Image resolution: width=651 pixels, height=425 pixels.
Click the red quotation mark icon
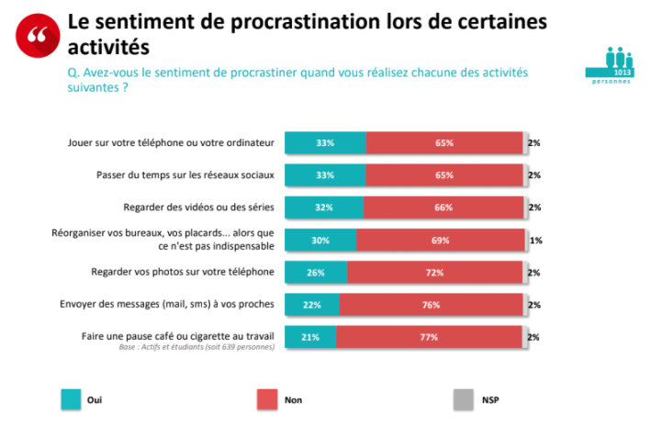point(36,34)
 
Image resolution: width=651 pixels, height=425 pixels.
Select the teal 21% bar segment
point(310,338)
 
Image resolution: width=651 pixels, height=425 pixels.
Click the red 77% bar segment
point(429,338)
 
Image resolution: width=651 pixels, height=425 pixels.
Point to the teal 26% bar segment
point(316,273)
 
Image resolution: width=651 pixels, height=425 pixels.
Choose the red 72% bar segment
point(434,273)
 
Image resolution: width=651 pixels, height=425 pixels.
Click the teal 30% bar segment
point(320,240)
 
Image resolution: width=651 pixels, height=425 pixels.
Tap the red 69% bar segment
point(440,240)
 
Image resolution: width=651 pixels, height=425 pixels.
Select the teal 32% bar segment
point(323,207)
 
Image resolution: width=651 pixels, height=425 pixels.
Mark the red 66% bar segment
point(443,207)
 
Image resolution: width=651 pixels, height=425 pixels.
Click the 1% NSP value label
point(535,240)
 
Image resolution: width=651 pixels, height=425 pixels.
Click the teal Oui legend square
point(71,399)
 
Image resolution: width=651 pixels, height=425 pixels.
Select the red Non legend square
point(267,399)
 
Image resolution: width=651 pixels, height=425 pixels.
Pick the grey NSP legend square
point(464,399)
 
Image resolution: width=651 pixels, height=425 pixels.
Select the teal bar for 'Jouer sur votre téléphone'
point(325,143)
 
